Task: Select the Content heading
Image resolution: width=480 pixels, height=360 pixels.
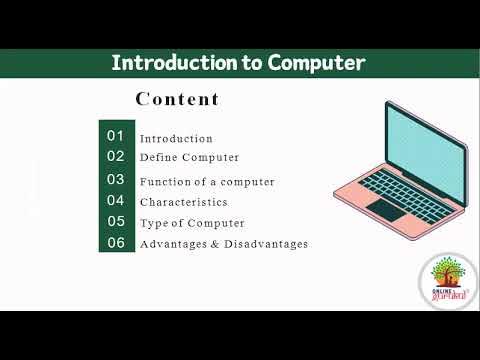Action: pyautogui.click(x=177, y=99)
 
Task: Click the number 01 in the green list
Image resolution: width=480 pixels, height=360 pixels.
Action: pyautogui.click(x=116, y=135)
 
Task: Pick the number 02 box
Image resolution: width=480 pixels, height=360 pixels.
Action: pyautogui.click(x=116, y=156)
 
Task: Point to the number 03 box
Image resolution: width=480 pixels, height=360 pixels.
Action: pyautogui.click(x=116, y=180)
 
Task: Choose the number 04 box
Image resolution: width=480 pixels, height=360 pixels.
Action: pyautogui.click(x=116, y=200)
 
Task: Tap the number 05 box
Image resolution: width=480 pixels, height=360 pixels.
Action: pyautogui.click(x=116, y=222)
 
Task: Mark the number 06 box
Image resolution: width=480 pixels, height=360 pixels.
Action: pyautogui.click(x=116, y=243)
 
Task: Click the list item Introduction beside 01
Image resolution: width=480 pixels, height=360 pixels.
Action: pyautogui.click(x=176, y=139)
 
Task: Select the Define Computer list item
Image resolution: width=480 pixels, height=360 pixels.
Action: pyautogui.click(x=189, y=158)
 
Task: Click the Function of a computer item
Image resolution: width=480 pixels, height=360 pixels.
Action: pyautogui.click(x=207, y=182)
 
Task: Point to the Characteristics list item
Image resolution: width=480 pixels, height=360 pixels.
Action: pyautogui.click(x=184, y=202)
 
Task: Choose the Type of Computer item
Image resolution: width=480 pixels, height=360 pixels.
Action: pyautogui.click(x=192, y=223)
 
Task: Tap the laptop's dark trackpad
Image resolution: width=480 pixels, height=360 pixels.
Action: pyautogui.click(x=384, y=209)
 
